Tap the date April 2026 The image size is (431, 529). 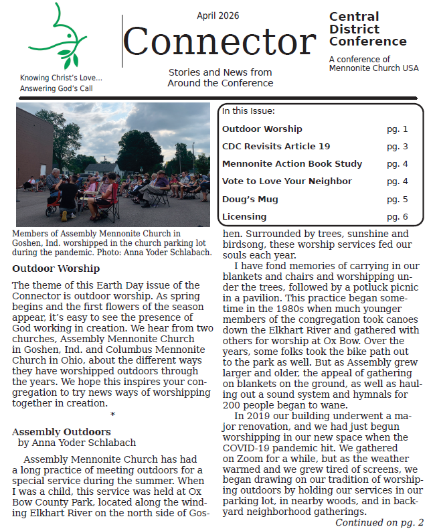tap(218, 15)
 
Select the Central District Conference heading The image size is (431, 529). tap(367, 29)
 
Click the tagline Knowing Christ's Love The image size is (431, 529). tap(61, 78)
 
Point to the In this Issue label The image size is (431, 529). tap(248, 111)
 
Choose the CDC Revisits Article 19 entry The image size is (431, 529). tap(276, 147)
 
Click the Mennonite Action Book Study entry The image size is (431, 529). tap(292, 164)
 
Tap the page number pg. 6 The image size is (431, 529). tap(397, 216)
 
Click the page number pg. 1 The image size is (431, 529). tap(397, 129)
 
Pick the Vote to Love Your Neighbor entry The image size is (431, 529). tap(286, 181)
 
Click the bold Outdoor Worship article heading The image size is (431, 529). tap(56, 269)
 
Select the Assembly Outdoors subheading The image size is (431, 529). tap(61, 432)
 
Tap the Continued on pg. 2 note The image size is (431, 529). tap(379, 522)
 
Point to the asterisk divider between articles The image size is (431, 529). tap(112, 415)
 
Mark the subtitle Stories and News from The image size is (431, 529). tap(220, 72)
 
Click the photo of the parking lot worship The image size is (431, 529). tap(112, 165)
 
